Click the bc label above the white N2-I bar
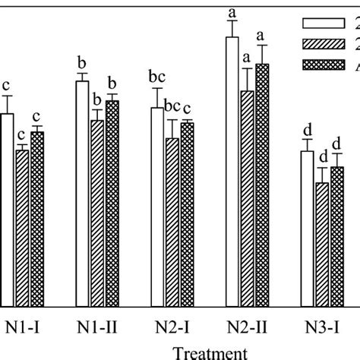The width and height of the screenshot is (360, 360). [x=156, y=77]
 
